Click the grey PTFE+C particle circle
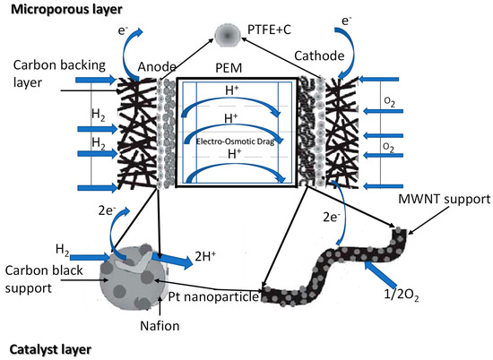228,34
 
